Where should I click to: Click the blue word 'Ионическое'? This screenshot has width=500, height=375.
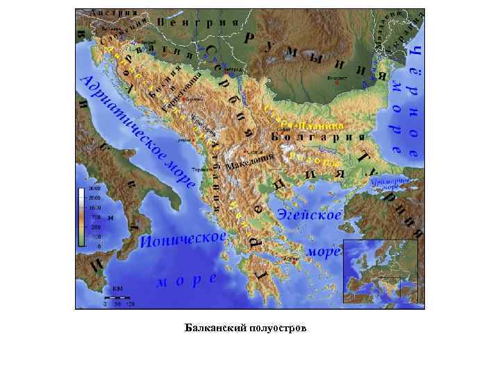183,240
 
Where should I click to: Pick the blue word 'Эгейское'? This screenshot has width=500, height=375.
310,214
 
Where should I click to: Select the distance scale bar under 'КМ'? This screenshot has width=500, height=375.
119,298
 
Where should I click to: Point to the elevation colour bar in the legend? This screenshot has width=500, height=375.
81,217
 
